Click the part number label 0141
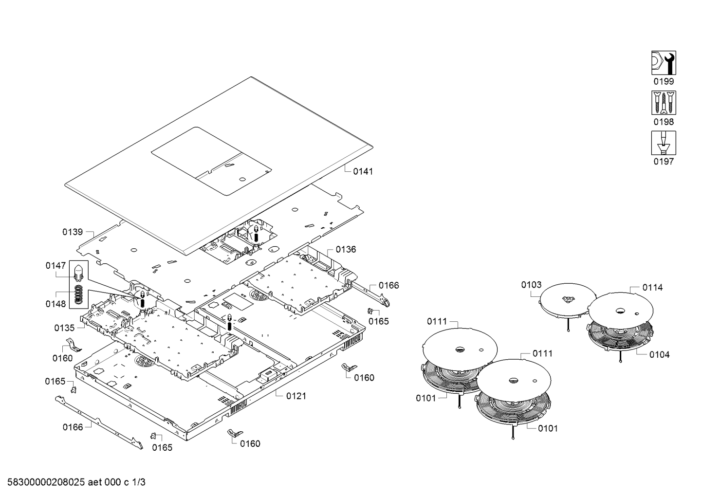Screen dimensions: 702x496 pos(363,171)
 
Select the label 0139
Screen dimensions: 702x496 pos(73,232)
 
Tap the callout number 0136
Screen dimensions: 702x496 pos(346,249)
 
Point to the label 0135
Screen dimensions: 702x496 pos(64,328)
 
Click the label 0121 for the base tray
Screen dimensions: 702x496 pos(296,396)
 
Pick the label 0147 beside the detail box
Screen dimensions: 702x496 pos(55,266)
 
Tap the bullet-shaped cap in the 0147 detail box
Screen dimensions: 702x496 pos(78,273)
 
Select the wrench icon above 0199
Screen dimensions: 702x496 pos(664,63)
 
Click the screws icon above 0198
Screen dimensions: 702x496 pos(664,103)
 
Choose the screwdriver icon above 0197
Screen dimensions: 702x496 pos(664,143)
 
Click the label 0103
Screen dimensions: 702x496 pos(531,285)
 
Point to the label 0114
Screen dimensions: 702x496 pos(652,287)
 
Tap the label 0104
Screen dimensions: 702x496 pos(659,355)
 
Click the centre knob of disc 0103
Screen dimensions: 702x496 pos(567,299)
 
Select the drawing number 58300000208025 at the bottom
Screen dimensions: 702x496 pos(46,482)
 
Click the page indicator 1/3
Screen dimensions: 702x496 pos(139,482)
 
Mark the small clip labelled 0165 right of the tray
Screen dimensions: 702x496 pos(370,311)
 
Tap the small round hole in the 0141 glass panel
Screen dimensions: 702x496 pos(242,179)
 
